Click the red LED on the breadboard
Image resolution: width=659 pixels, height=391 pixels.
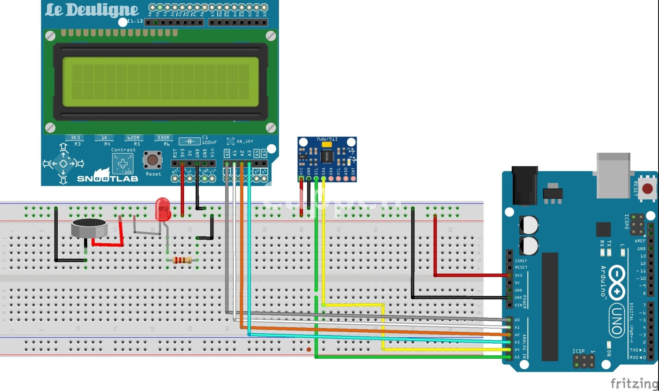[x=163, y=209]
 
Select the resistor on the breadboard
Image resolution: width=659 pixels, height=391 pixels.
[x=182, y=260]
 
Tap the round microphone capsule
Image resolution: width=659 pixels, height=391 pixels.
[x=89, y=228]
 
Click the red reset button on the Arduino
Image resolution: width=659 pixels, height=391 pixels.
[x=647, y=189]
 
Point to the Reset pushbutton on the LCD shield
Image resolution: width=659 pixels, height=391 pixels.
[x=152, y=160]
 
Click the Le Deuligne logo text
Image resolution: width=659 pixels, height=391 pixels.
[x=92, y=10]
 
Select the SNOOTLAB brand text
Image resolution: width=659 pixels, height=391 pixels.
[x=107, y=179]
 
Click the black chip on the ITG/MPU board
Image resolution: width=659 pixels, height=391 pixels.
[x=326, y=156]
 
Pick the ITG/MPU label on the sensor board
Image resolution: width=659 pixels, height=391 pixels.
[x=327, y=139]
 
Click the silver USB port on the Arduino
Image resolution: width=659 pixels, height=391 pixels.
[x=613, y=175]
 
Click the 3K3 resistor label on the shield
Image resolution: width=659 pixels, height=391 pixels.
[x=75, y=138]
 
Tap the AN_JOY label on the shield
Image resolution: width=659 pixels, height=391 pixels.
[x=245, y=141]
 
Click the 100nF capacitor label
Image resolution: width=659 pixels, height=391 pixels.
[x=209, y=142]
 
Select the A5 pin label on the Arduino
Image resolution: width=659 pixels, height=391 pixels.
[x=517, y=357]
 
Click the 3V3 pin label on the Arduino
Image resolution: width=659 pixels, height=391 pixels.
[x=518, y=276]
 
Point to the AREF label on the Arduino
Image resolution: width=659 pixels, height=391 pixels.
[x=640, y=241]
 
